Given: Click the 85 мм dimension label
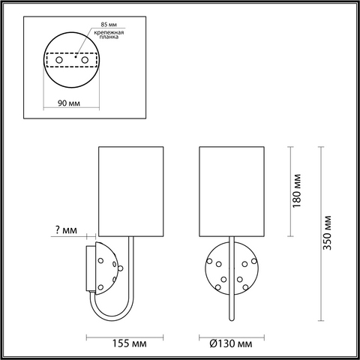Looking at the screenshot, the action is coord(109,25).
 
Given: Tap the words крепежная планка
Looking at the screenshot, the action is coord(109,34).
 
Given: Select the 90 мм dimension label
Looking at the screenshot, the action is coord(69,103).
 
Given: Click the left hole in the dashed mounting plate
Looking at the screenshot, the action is coord(59,60).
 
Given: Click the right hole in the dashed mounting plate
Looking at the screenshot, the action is coord(85,60).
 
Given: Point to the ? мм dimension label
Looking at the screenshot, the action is coord(66,229).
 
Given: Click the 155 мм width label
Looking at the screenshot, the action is coord(129,343).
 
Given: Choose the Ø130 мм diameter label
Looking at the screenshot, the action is coord(231,343).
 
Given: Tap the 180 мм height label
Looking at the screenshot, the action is coord(297,191).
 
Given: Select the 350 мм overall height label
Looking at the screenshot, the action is coord(327,232).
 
